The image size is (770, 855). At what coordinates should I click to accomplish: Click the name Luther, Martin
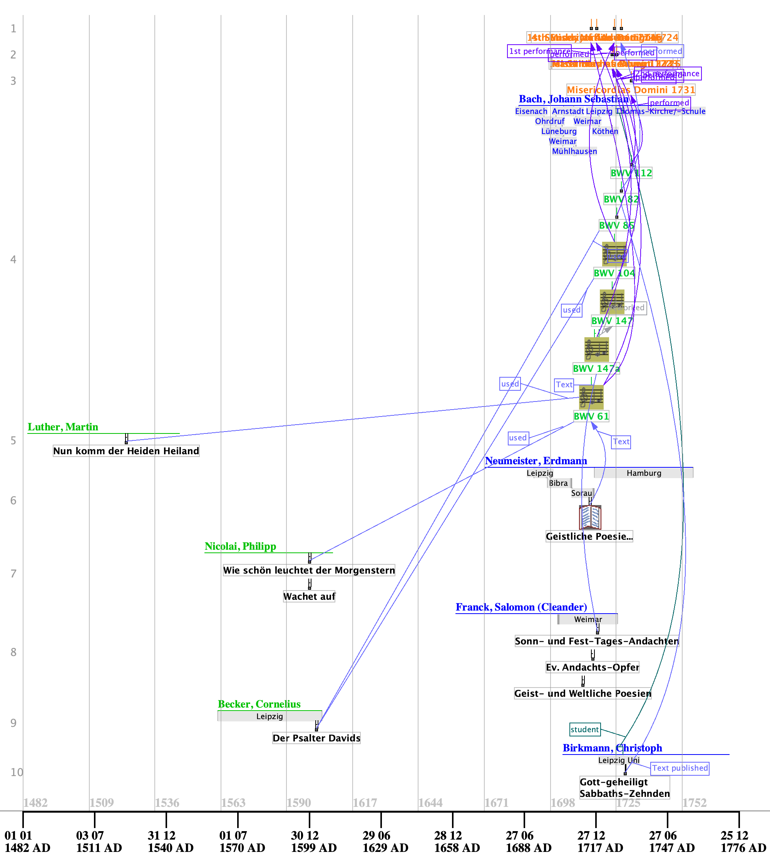[x=63, y=427]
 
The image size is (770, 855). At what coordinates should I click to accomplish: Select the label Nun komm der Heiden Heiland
[x=126, y=451]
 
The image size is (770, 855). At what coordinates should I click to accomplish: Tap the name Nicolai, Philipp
[x=240, y=546]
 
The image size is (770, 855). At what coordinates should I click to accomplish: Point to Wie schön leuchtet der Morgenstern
[x=309, y=570]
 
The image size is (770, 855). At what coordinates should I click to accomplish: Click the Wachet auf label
[x=309, y=597]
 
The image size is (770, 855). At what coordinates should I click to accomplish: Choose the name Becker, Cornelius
[x=259, y=704]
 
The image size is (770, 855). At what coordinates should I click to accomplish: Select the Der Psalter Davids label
[x=316, y=738]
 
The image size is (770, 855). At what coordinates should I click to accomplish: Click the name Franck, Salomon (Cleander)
[x=521, y=607]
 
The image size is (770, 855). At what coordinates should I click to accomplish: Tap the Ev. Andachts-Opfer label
[x=592, y=667]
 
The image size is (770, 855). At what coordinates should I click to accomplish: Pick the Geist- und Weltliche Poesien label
[x=583, y=693]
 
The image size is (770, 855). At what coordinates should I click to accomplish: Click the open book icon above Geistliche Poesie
[x=590, y=517]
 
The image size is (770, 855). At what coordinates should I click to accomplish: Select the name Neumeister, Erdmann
[x=536, y=461]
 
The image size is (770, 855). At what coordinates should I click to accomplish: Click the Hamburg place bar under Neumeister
[x=643, y=473]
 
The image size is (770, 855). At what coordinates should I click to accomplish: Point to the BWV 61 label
[x=591, y=416]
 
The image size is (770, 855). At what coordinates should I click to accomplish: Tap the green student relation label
[x=585, y=730]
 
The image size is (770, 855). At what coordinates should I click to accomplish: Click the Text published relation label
[x=680, y=768]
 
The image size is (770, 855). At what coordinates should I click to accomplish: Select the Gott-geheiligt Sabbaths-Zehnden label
[x=624, y=788]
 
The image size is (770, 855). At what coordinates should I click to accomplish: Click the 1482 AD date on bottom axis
[x=27, y=842]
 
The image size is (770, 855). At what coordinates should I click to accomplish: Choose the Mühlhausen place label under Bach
[x=574, y=151]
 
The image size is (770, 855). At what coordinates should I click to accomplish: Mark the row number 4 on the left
[x=13, y=259]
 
